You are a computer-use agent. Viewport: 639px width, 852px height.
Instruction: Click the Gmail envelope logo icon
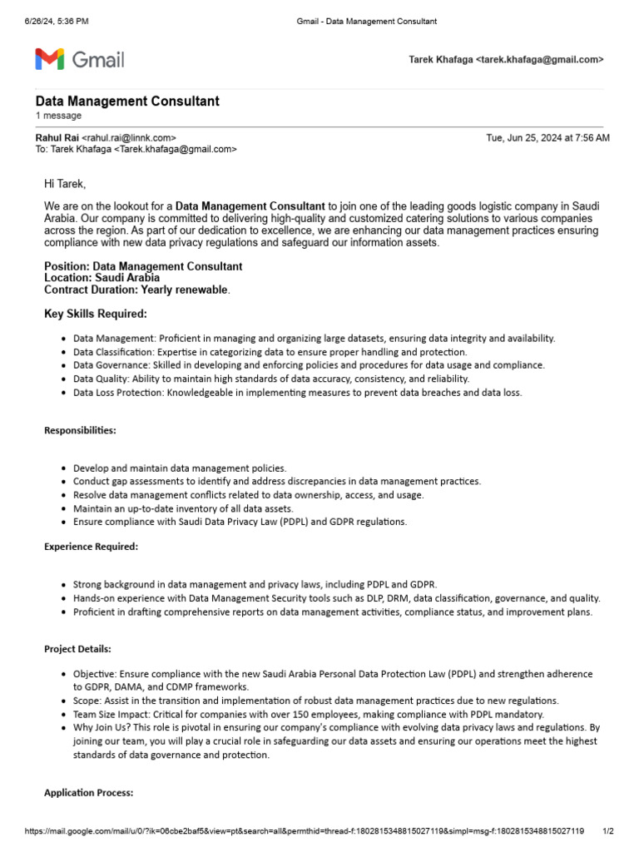[x=49, y=59]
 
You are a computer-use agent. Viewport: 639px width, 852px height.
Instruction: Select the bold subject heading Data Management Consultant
[x=127, y=101]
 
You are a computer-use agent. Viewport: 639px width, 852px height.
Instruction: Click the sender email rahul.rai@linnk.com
[x=129, y=137]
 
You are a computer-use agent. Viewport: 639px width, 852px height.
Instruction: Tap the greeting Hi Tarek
[x=65, y=183]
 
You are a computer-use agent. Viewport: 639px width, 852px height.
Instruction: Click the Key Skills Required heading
[x=95, y=314]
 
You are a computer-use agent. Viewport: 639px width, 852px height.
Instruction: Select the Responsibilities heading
[x=80, y=430]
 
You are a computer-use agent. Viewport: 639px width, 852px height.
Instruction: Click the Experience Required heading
[x=91, y=547]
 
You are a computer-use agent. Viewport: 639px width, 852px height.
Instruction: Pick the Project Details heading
[x=77, y=649]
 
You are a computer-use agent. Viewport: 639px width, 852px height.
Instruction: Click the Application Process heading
[x=88, y=793]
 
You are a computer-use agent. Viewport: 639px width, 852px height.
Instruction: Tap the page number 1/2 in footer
[x=607, y=831]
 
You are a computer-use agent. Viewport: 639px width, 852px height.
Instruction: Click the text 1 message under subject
[x=58, y=116]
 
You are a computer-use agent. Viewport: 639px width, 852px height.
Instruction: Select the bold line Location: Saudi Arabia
[x=102, y=278]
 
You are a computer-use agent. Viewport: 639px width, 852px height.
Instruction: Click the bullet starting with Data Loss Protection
[x=297, y=392]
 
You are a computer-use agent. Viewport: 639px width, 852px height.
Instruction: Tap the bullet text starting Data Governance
[x=308, y=365]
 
